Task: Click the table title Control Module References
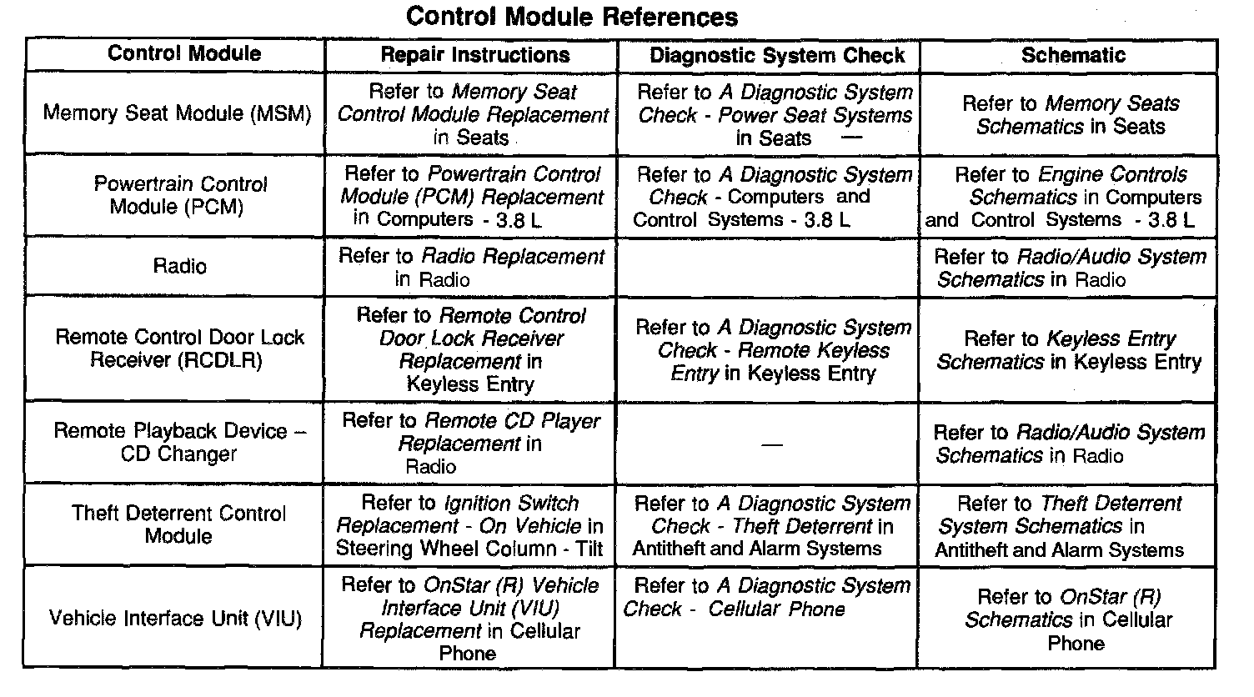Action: point(572,17)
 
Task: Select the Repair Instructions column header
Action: point(474,56)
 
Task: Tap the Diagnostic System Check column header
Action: point(776,56)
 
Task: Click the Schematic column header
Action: point(1073,56)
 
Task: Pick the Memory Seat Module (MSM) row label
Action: point(177,113)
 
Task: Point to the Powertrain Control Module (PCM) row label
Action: point(179,195)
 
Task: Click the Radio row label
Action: point(179,267)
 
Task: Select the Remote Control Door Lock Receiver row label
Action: point(179,348)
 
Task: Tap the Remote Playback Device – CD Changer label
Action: point(179,442)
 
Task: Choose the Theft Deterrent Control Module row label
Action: point(178,524)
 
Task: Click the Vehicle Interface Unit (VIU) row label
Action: point(175,619)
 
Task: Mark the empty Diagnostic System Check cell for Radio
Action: point(768,267)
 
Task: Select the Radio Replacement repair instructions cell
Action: point(470,268)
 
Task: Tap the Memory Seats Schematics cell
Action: point(1071,115)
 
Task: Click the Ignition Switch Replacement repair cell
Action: point(469,526)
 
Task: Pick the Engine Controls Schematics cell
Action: point(1068,197)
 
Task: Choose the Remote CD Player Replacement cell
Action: point(470,443)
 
